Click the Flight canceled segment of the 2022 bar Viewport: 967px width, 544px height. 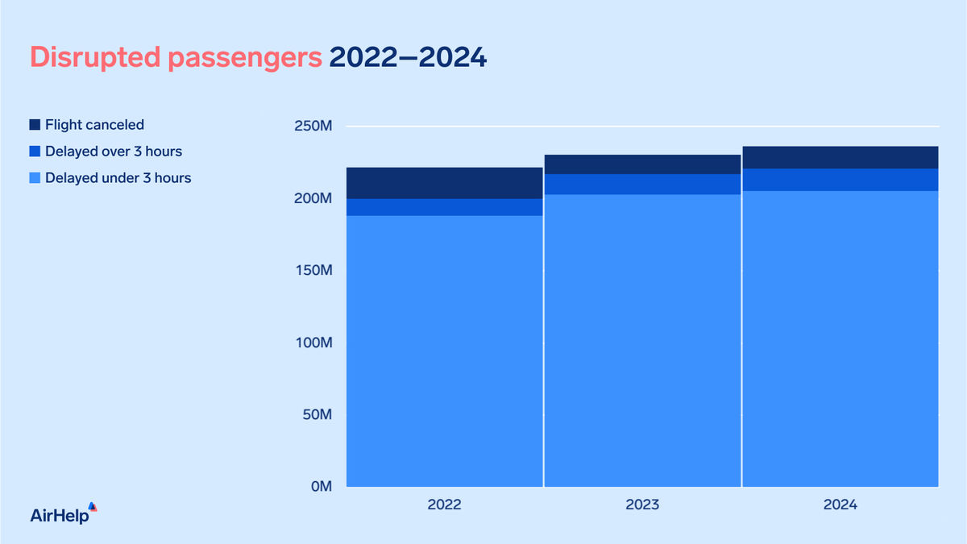click(x=445, y=183)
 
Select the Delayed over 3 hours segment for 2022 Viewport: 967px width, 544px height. click(x=445, y=207)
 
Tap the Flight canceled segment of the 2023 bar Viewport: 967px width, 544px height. click(x=642, y=164)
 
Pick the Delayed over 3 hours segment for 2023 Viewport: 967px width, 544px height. click(x=642, y=185)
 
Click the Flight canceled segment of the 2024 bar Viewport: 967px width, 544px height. click(x=840, y=157)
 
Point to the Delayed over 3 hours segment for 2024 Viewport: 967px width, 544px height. click(x=840, y=180)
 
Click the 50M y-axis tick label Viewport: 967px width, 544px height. click(x=313, y=415)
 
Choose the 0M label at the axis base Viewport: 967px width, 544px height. click(x=318, y=487)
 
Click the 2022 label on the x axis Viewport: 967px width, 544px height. click(x=445, y=505)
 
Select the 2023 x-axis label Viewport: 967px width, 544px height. click(x=642, y=505)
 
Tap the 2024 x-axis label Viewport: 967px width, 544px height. click(x=840, y=505)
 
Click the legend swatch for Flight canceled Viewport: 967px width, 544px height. click(x=35, y=125)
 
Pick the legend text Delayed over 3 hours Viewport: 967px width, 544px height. click(x=114, y=152)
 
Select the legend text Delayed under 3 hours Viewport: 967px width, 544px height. click(x=118, y=178)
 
